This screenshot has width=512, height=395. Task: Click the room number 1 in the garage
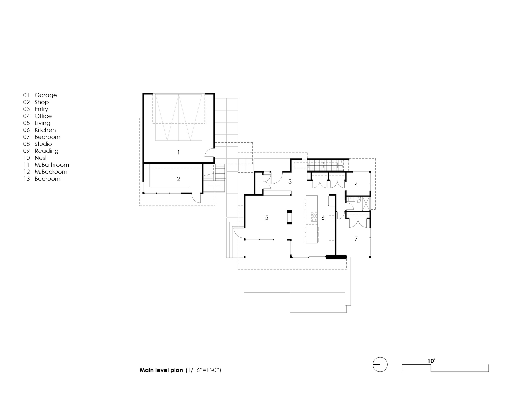pos(178,153)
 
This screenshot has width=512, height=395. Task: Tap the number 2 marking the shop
pos(179,179)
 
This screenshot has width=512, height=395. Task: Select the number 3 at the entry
pos(290,182)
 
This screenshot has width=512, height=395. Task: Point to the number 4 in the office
pos(356,184)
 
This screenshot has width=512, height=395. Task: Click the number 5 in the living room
pos(266,218)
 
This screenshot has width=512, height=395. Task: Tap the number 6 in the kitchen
pos(323,218)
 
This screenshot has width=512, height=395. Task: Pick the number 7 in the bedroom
pos(356,239)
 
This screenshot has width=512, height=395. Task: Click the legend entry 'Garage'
pos(46,95)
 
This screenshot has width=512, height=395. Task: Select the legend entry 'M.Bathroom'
pos(52,165)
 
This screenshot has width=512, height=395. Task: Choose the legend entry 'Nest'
pos(41,158)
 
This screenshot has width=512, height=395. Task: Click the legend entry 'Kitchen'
pos(45,130)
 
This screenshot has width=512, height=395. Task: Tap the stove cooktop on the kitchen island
pos(314,217)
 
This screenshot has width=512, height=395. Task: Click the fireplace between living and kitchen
pos(290,217)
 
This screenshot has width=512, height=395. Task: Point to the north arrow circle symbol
pos(380,364)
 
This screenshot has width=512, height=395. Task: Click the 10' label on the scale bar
pos(431,361)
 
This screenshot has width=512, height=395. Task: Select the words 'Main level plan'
pos(161,370)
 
